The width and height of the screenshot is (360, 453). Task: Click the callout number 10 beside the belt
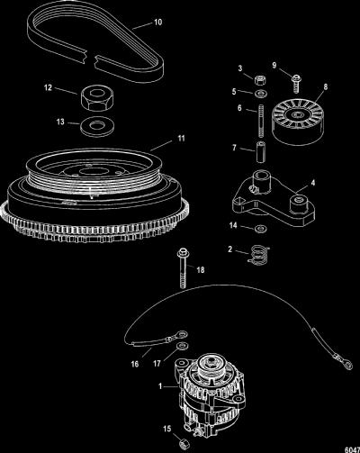(157, 23)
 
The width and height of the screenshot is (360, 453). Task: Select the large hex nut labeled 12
(96, 97)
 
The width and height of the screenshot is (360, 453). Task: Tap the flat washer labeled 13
(97, 126)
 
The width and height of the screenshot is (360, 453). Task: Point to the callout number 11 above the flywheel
(181, 139)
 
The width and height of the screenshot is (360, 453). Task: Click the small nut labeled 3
(260, 81)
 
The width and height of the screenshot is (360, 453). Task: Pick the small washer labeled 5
(260, 94)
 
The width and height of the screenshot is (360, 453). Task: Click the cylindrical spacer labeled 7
(260, 152)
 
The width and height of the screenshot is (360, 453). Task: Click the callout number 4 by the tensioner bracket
(313, 183)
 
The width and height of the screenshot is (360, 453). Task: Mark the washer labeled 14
(259, 229)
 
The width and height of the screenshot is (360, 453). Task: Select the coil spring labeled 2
(258, 256)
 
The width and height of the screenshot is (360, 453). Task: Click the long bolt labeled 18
(182, 267)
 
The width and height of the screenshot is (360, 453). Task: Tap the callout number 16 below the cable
(135, 364)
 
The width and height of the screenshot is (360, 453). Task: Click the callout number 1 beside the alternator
(160, 386)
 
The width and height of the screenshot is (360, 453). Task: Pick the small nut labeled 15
(183, 443)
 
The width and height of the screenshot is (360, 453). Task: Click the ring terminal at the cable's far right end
(347, 364)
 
